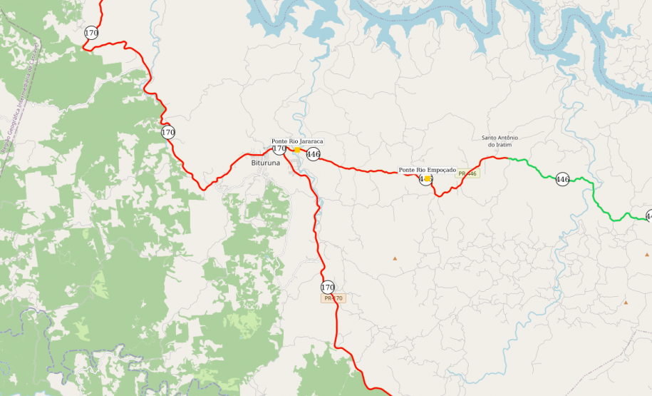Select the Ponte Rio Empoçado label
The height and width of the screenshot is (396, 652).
(x=427, y=170)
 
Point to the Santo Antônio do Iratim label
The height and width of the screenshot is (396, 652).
(x=500, y=141)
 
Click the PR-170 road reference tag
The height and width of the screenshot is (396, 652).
(x=333, y=298)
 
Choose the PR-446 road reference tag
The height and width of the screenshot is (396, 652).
(x=467, y=173)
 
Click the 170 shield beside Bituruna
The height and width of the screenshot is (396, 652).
(x=279, y=148)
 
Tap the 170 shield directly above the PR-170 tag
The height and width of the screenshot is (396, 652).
(x=328, y=288)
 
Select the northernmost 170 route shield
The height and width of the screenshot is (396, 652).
(x=91, y=33)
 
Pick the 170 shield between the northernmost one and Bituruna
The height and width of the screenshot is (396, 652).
(x=168, y=132)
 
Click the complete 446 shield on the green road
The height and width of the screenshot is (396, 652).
(x=562, y=180)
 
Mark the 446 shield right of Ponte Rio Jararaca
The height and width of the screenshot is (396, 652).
(x=313, y=154)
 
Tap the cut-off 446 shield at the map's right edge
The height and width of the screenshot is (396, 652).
(x=648, y=215)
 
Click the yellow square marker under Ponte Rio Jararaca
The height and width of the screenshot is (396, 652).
(x=297, y=150)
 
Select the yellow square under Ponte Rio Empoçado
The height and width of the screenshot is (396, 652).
(x=427, y=179)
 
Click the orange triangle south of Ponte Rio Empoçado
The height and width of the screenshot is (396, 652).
(x=395, y=258)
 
